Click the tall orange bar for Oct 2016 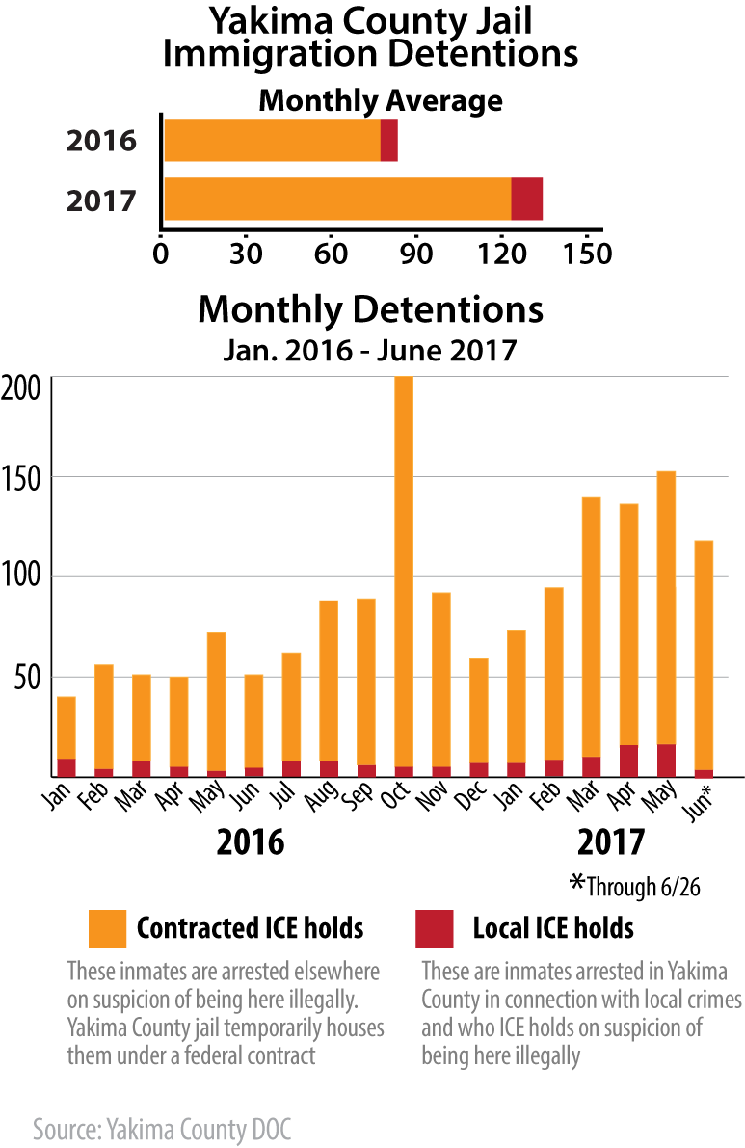[404, 569]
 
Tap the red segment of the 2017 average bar [526, 199]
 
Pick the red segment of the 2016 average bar [388, 142]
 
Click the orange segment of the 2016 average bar [272, 142]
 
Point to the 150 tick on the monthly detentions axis [23, 477]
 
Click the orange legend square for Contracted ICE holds [107, 927]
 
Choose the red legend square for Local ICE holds [434, 927]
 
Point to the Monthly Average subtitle [381, 100]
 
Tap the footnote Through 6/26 [635, 886]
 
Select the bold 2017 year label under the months [610, 841]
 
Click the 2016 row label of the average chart [100, 143]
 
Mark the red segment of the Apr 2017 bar [628, 760]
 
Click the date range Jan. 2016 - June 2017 [370, 349]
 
